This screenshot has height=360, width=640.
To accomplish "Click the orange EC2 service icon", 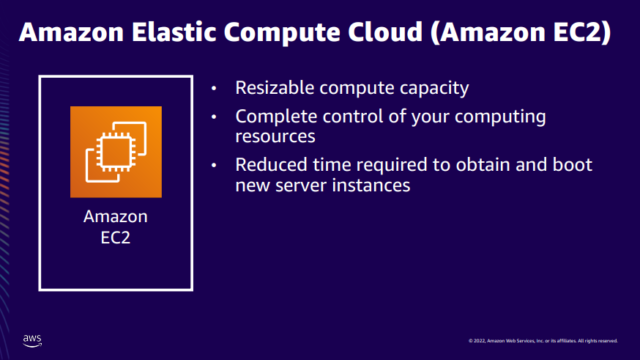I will click(116, 152).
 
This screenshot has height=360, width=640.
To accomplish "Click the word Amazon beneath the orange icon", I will click(115, 216).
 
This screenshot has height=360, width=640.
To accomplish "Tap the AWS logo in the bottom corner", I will click(32, 339).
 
